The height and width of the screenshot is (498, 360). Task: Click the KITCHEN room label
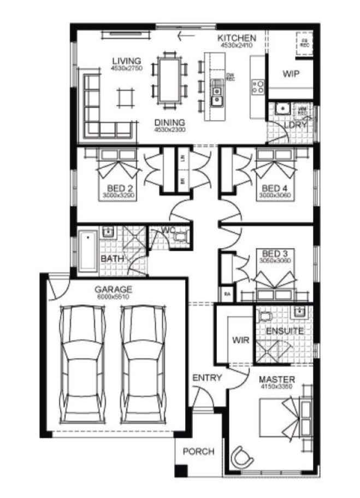pos(237,38)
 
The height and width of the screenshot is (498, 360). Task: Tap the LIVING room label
pos(126,61)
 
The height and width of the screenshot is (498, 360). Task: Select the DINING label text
pos(169,122)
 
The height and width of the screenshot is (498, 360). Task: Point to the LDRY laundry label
pos(296,125)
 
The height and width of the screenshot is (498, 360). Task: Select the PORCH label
pos(198,452)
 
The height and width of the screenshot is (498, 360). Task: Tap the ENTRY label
pos(207,377)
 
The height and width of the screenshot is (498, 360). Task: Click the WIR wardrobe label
pos(240,340)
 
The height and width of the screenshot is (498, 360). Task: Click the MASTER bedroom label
pos(277,379)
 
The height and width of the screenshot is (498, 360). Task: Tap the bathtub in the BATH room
pos(88,251)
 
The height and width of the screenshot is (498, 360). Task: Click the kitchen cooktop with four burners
pos(257,85)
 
